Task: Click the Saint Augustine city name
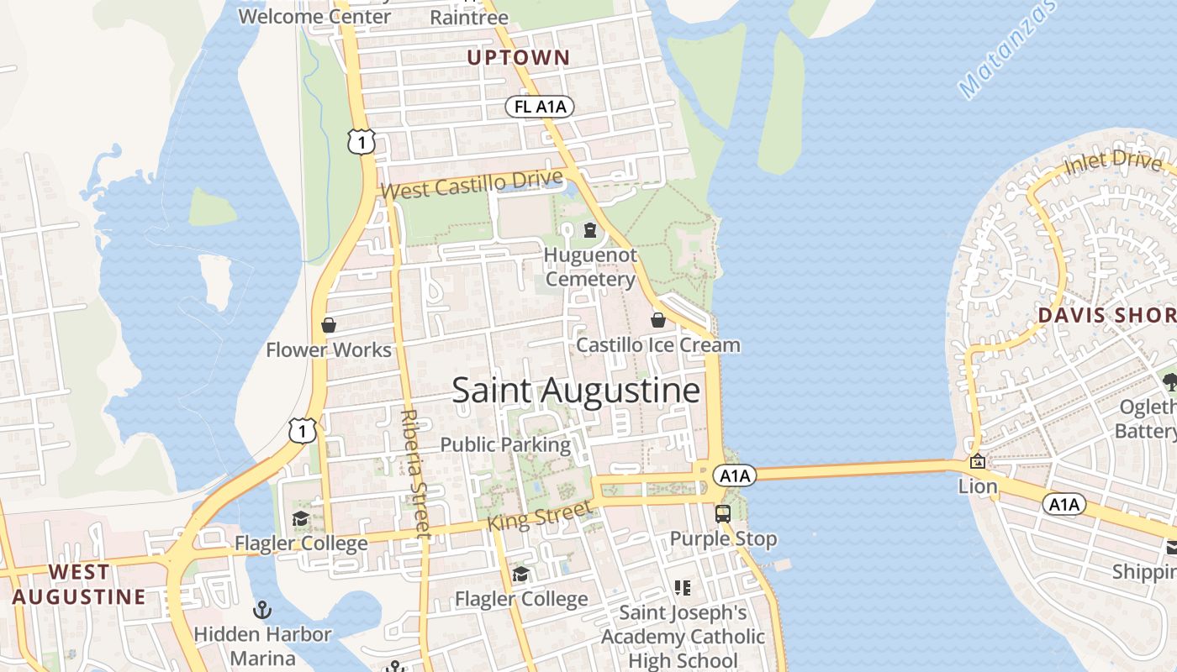tap(576, 391)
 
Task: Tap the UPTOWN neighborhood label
tap(518, 58)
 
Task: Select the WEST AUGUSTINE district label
tap(78, 585)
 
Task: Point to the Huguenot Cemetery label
tap(590, 267)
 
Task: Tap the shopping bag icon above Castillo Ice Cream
tap(658, 320)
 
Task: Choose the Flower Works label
tap(329, 350)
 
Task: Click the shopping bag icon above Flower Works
tap(329, 325)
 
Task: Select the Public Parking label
tap(505, 444)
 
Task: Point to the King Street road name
tap(540, 515)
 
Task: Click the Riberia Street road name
tap(414, 475)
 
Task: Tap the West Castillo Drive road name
tap(471, 185)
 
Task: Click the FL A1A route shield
tap(540, 107)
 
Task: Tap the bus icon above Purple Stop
tap(722, 513)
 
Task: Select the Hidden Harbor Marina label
tap(262, 645)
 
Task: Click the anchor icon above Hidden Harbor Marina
tap(262, 609)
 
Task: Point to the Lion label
tap(978, 486)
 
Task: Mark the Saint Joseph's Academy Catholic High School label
tap(683, 637)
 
